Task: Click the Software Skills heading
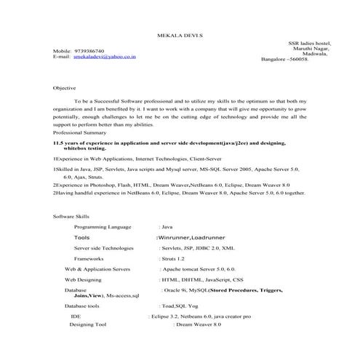pyautogui.click(x=73, y=217)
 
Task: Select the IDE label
pyautogui.click(x=75, y=316)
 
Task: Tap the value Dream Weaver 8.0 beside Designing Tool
pyautogui.click(x=198, y=324)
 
